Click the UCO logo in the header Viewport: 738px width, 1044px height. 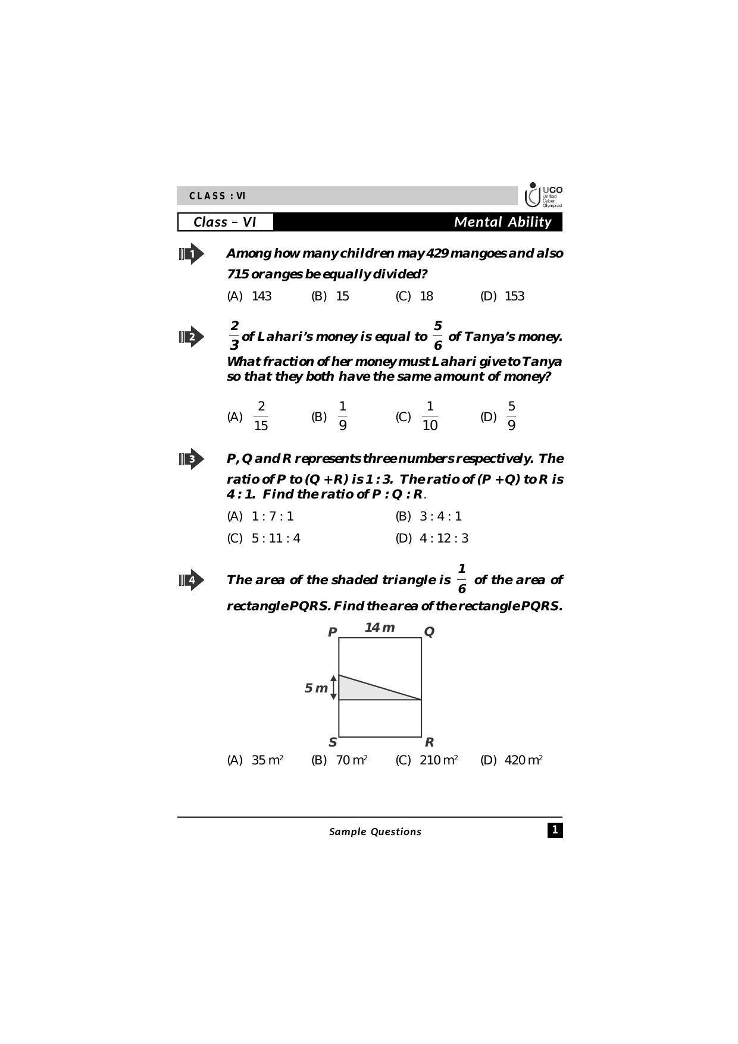click(x=543, y=195)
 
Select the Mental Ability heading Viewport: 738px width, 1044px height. click(x=502, y=222)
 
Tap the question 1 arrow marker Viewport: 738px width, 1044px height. click(x=191, y=254)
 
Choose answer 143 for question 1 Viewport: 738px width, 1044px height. click(x=261, y=296)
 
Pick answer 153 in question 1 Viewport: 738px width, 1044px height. click(x=514, y=296)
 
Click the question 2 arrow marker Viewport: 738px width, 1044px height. click(x=191, y=337)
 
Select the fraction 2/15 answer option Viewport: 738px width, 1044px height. click(x=261, y=416)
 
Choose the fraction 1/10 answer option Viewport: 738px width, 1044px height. click(x=430, y=416)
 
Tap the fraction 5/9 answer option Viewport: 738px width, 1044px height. click(x=511, y=416)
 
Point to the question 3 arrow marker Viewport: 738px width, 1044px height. click(x=191, y=459)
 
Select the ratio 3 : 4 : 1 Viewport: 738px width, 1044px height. click(x=440, y=516)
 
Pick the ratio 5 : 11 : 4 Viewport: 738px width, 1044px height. click(x=276, y=538)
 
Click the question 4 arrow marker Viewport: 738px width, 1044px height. click(x=191, y=580)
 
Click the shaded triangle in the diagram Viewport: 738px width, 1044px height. click(x=363, y=691)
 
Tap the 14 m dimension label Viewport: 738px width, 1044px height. click(x=380, y=628)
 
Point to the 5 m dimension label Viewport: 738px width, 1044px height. click(x=316, y=688)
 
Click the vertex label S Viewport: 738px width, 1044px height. click(x=333, y=742)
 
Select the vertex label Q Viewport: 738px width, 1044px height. click(x=429, y=632)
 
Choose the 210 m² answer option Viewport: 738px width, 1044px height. click(x=439, y=760)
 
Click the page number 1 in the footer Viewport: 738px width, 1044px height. click(x=555, y=830)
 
